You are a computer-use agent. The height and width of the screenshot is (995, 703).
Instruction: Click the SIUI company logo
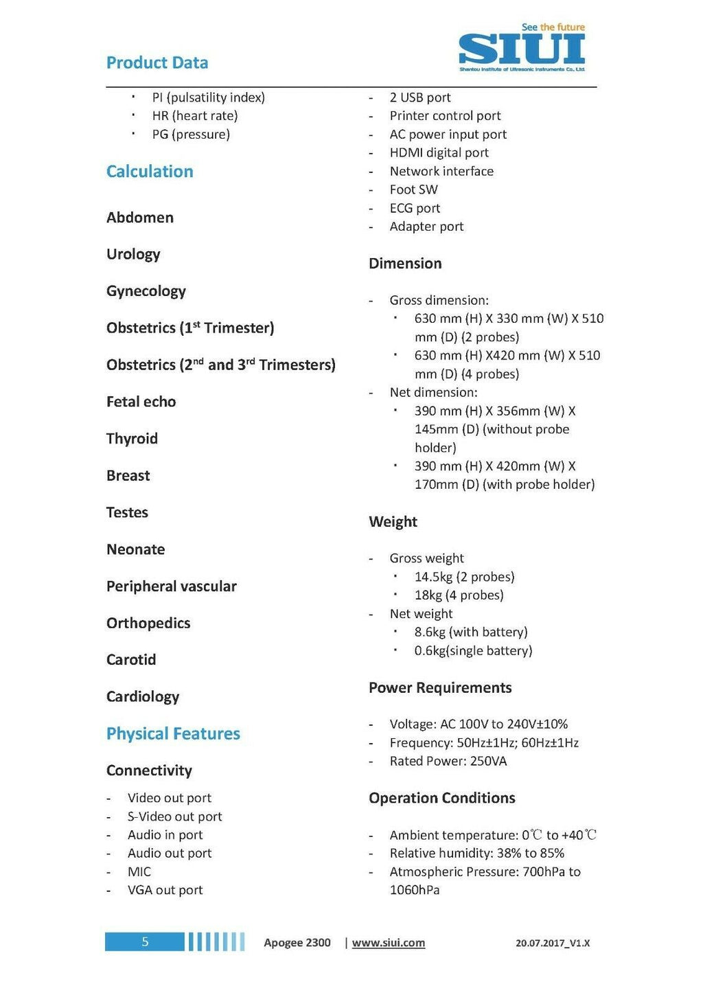(x=522, y=49)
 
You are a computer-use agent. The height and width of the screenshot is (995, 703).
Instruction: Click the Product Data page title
(x=157, y=62)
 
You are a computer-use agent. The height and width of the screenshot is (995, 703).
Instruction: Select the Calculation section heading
(x=150, y=171)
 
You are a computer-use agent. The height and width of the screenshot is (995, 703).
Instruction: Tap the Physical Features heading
(x=173, y=733)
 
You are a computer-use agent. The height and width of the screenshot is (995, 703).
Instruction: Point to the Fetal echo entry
(x=141, y=402)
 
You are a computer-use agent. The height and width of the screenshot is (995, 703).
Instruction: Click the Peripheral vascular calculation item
(x=171, y=586)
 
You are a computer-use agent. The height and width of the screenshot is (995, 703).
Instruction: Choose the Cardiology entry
(x=142, y=696)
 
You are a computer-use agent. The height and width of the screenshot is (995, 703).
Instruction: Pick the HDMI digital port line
(x=439, y=152)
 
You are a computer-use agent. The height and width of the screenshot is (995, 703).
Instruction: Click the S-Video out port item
(x=174, y=816)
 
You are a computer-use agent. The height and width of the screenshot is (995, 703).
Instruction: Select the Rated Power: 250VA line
(x=448, y=761)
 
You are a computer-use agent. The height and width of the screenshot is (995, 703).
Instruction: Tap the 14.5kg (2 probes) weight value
(x=464, y=577)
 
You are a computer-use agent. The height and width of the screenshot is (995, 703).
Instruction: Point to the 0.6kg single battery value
(x=473, y=650)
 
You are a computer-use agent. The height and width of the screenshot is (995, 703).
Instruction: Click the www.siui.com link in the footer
(x=389, y=943)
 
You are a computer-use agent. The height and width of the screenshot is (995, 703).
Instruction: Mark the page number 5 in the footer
(x=145, y=941)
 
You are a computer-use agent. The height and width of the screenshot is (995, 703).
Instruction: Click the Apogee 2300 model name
(x=297, y=943)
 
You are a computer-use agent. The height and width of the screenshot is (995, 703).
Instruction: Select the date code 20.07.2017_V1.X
(x=553, y=943)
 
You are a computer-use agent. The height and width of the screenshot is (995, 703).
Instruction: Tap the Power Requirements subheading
(x=440, y=687)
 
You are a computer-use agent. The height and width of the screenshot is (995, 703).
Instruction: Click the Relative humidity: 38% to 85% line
(x=476, y=853)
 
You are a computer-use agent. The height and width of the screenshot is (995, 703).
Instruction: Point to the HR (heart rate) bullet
(x=195, y=115)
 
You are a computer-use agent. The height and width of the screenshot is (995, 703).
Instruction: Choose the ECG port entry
(x=415, y=208)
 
